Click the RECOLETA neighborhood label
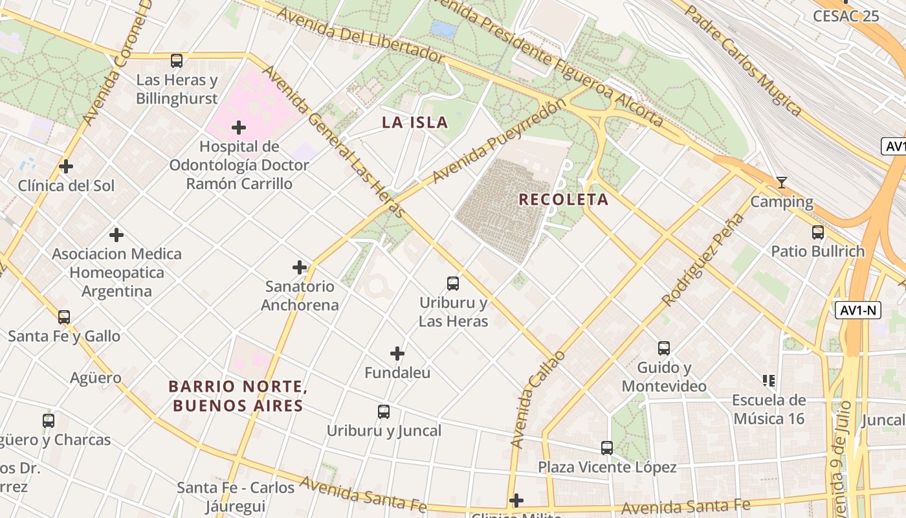tap(563, 199)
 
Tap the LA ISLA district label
tap(415, 122)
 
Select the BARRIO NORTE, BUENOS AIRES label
tap(236, 396)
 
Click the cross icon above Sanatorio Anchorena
tap(300, 267)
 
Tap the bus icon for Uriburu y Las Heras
tap(453, 283)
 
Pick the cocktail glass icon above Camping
tap(782, 183)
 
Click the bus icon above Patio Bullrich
tap(818, 232)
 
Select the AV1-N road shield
tap(857, 310)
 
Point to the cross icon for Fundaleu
tap(397, 354)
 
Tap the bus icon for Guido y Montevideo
tap(664, 348)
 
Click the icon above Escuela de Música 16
tap(769, 380)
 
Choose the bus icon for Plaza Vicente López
tap(607, 447)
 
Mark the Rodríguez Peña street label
tap(703, 260)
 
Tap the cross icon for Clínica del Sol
tap(66, 166)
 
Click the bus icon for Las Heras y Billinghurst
tap(177, 61)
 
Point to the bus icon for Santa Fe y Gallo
tap(64, 317)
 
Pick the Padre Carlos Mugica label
tap(744, 61)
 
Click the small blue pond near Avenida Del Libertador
tap(443, 29)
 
